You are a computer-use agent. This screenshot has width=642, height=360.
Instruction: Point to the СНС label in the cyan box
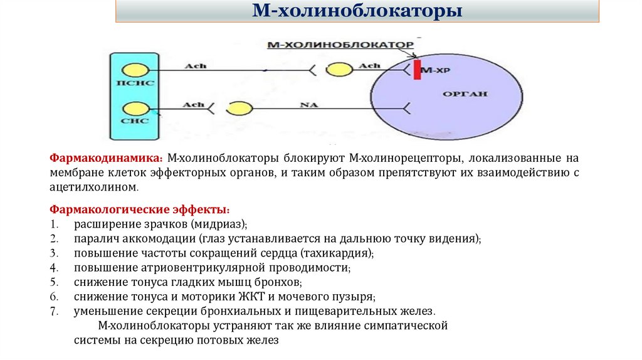(135, 122)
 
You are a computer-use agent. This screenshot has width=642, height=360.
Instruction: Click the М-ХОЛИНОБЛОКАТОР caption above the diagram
(340, 45)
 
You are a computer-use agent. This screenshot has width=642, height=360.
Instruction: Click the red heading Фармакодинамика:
(106, 159)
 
